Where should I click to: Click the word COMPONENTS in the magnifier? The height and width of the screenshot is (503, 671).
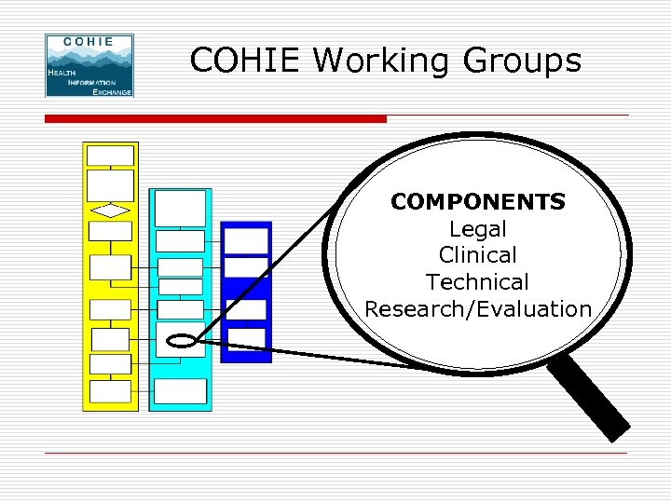[x=478, y=201]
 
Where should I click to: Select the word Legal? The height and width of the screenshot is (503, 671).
[x=478, y=228]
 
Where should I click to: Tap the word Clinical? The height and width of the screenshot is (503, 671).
[x=478, y=254]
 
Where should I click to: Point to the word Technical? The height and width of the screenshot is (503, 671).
[x=478, y=281]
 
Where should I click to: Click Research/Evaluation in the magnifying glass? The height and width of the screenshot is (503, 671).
[x=478, y=308]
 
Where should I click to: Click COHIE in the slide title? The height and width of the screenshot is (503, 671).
[x=246, y=61]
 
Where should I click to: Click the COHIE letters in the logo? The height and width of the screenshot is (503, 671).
[x=89, y=42]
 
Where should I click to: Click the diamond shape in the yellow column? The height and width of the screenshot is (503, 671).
[x=111, y=211]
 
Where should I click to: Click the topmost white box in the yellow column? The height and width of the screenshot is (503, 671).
[x=111, y=155]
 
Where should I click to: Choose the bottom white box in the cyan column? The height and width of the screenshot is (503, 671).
[x=181, y=391]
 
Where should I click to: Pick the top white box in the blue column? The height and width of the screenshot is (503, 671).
[x=247, y=240]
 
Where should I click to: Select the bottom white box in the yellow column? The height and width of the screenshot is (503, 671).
[x=111, y=390]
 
